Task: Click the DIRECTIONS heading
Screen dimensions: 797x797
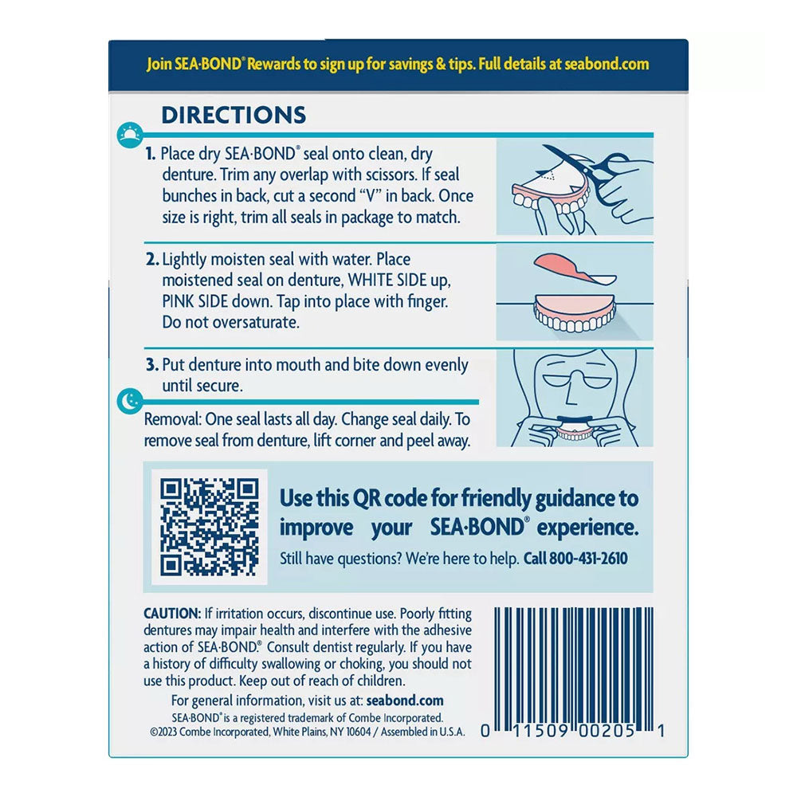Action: [234, 115]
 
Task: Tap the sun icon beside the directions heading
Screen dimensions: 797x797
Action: [130, 135]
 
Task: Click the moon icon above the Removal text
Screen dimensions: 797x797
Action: [130, 401]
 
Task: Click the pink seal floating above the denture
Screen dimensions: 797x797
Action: [574, 267]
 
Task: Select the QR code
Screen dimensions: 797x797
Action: [210, 527]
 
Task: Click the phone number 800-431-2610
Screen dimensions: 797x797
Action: [588, 558]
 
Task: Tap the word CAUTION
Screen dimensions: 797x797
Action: [172, 614]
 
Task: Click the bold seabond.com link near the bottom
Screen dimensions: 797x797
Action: [405, 701]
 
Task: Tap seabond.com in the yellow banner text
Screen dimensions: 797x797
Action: [607, 64]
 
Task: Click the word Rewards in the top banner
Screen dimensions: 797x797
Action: [274, 64]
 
